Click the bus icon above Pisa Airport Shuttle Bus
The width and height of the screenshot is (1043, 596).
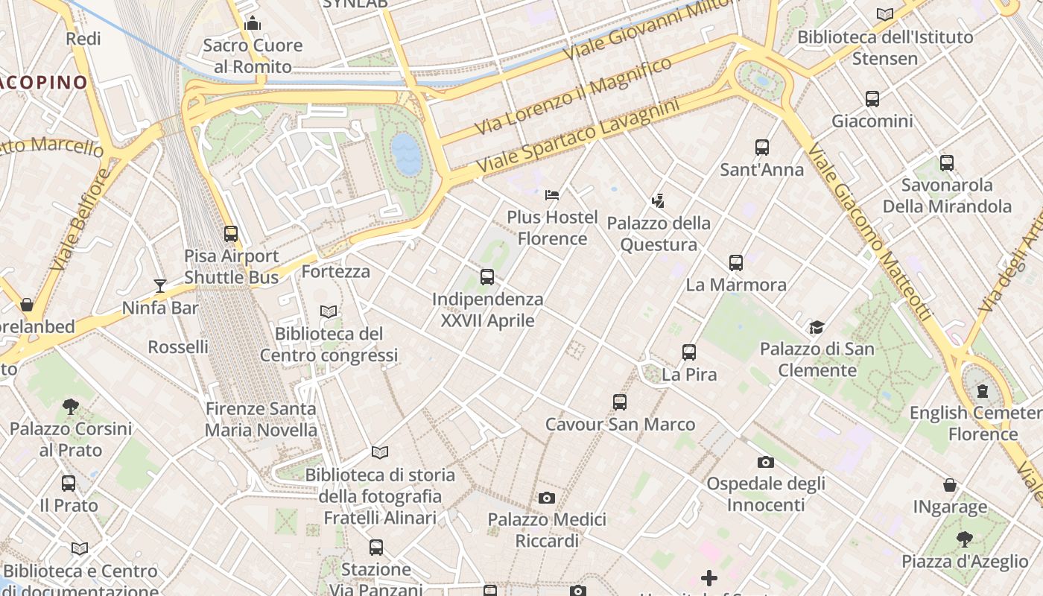[231, 233]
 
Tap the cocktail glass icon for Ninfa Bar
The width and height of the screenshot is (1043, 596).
[160, 285]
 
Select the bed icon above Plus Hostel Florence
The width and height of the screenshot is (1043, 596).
[552, 195]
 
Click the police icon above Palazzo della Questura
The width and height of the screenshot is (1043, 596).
[658, 200]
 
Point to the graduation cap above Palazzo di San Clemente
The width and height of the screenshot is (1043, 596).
[817, 327]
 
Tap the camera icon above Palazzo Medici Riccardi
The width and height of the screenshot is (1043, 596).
[547, 498]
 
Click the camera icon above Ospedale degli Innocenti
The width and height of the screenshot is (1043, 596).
[766, 463]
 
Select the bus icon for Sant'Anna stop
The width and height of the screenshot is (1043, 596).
[762, 148]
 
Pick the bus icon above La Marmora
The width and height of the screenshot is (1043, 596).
[736, 262]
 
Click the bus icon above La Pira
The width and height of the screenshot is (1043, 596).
[689, 352]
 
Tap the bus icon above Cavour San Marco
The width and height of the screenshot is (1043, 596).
[620, 402]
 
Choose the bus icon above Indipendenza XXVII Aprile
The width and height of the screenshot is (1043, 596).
[487, 277]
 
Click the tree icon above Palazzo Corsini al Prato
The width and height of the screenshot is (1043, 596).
[71, 406]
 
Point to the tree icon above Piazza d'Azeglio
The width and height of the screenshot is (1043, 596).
[965, 539]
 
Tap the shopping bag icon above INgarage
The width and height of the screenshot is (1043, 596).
[950, 485]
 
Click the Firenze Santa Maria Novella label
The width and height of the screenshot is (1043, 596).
[261, 419]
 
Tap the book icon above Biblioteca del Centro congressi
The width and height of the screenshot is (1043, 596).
[329, 311]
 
